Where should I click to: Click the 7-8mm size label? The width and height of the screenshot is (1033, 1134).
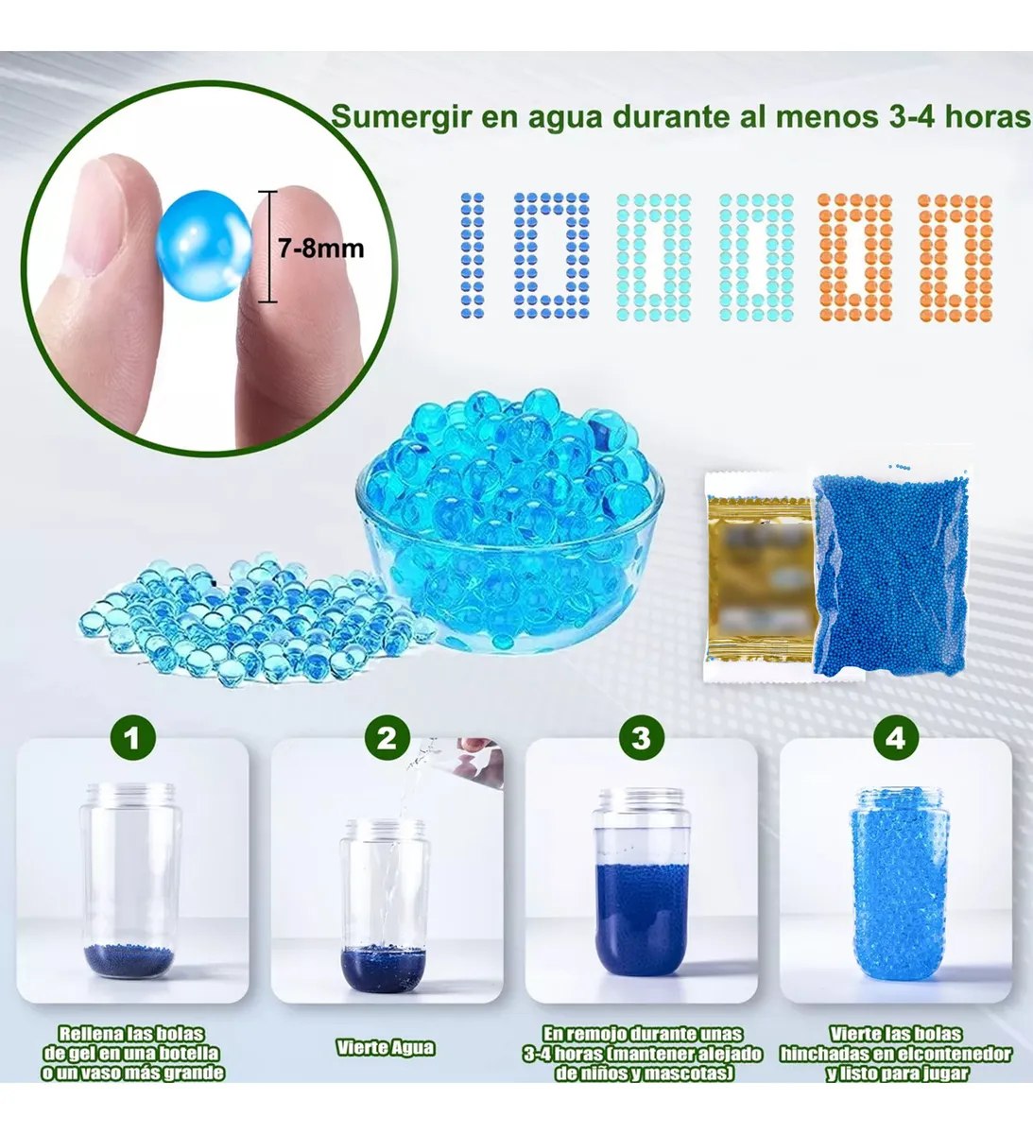[320, 249]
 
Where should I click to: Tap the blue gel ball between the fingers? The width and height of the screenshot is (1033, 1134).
[203, 245]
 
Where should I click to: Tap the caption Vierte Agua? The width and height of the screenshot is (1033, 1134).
[386, 1047]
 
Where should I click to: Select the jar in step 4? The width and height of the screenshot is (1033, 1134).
[900, 887]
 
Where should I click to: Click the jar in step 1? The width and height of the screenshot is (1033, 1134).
[132, 881]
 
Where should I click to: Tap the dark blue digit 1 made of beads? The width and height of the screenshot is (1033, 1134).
[473, 255]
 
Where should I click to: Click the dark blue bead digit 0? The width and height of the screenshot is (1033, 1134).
[552, 255]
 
